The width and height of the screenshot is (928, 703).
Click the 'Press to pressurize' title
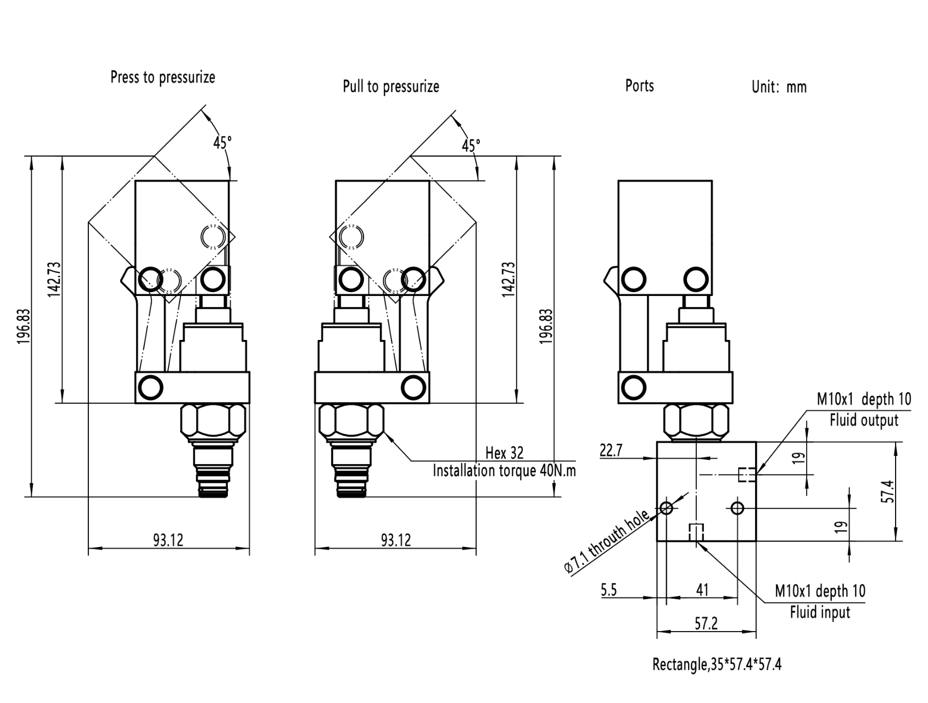tap(163, 77)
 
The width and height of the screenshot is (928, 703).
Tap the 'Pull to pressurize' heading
tap(391, 86)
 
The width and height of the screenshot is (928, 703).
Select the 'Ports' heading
tap(639, 86)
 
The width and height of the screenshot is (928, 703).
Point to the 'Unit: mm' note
tap(779, 87)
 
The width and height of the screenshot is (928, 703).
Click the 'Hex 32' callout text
tap(504, 453)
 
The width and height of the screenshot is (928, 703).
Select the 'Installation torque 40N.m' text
tap(504, 471)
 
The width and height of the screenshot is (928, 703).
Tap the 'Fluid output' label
tap(863, 421)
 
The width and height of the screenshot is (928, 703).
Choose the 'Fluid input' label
tap(819, 612)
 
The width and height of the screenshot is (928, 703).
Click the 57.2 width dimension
tap(706, 624)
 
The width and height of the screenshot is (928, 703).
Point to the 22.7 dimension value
tap(611, 451)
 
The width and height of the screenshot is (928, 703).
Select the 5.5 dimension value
tap(609, 590)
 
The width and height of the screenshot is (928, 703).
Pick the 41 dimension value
tap(702, 590)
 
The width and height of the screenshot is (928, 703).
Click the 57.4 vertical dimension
tap(890, 491)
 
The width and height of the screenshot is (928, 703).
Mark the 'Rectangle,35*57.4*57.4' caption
tap(717, 665)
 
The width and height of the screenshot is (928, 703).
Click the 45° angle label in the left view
tap(222, 143)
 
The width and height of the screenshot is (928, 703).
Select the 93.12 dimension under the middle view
tap(396, 540)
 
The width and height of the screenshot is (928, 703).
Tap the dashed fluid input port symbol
tap(696, 532)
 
